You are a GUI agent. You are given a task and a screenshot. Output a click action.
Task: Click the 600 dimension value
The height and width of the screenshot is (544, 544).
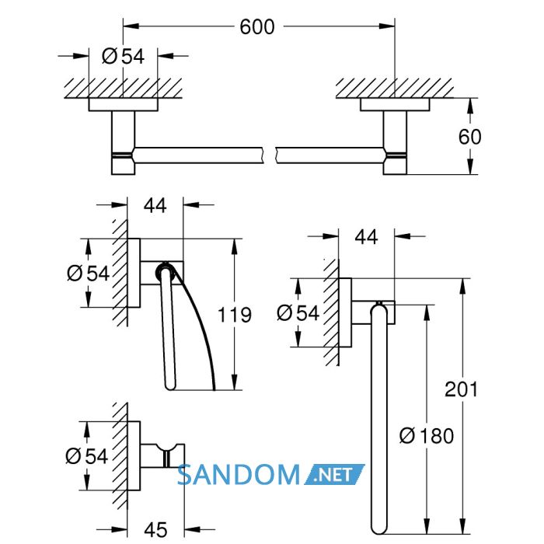[x=257, y=27]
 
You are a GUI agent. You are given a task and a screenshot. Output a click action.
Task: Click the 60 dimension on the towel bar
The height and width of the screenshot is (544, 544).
[x=469, y=137]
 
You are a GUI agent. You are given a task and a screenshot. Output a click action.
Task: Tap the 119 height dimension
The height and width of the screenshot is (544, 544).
[x=235, y=315]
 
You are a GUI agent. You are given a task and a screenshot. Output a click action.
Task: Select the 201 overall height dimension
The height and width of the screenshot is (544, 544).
[x=462, y=389]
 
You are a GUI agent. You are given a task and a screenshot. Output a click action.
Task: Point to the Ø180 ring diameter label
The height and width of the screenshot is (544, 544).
[x=427, y=436]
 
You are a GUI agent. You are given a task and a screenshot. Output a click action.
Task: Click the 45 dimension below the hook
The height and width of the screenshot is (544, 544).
[x=155, y=530]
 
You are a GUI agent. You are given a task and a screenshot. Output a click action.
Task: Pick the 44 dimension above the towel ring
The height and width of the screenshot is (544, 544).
[x=366, y=237]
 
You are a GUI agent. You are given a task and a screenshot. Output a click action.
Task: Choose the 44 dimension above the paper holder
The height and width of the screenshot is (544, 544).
[x=155, y=206]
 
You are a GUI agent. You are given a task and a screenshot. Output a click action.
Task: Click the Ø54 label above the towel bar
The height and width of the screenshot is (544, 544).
[x=123, y=56]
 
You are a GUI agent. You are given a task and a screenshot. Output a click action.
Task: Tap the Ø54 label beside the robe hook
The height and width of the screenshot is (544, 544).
[x=87, y=456]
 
